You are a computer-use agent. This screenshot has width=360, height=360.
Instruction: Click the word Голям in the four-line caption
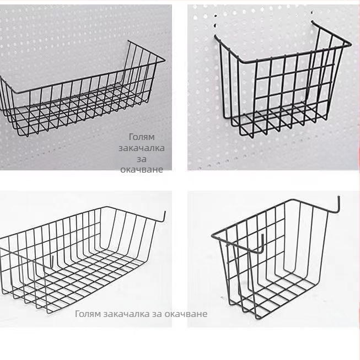tap(142, 137)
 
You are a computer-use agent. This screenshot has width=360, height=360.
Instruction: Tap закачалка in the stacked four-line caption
tap(142, 148)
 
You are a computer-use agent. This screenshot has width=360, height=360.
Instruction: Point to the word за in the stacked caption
tap(142, 159)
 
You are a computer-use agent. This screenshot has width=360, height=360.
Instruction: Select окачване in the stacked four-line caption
tap(142, 170)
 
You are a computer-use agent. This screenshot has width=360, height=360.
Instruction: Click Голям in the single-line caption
tap(88, 314)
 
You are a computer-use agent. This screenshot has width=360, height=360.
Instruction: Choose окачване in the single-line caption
tap(186, 314)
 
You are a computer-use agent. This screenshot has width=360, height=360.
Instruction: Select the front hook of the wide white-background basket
tap(52, 263)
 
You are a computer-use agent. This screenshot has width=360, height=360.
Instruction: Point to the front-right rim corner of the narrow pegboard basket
tap(350, 44)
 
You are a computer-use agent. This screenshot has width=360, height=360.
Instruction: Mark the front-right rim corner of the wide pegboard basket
tap(164, 61)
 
